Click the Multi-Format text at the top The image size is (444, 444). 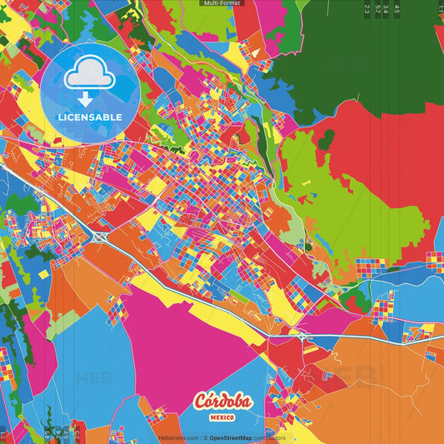coord(222,3)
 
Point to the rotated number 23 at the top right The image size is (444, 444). coord(367,10)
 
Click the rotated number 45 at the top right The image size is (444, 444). coord(397,10)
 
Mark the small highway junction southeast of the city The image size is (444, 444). coord(304,334)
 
